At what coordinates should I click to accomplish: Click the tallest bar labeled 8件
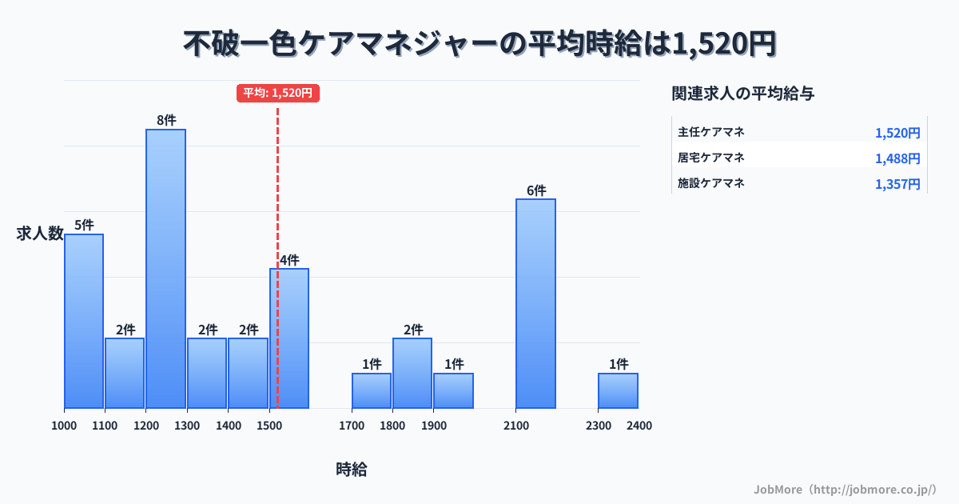(x=165, y=269)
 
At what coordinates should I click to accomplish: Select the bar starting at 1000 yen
(x=84, y=321)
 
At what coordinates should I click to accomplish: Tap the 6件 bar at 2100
(x=535, y=303)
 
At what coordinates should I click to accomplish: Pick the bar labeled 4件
(x=289, y=338)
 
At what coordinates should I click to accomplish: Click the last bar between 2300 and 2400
(x=618, y=390)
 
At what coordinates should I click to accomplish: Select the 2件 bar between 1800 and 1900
(x=412, y=373)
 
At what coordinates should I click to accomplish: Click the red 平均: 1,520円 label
(x=278, y=93)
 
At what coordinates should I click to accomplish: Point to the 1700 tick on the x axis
(x=351, y=426)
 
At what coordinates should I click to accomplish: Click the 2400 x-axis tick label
(x=639, y=426)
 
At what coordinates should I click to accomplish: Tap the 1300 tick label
(x=186, y=426)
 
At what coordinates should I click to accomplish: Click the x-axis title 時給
(x=351, y=470)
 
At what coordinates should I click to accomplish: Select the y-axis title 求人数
(x=39, y=234)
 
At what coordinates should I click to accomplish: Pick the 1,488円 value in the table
(x=897, y=158)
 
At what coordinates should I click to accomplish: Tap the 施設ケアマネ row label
(x=711, y=183)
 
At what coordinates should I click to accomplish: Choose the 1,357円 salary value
(x=897, y=184)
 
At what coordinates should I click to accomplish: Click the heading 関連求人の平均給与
(x=742, y=93)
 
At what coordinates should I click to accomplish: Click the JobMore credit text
(x=844, y=489)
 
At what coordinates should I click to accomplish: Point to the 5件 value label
(x=84, y=226)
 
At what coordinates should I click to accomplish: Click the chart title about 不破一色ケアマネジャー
(x=479, y=44)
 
